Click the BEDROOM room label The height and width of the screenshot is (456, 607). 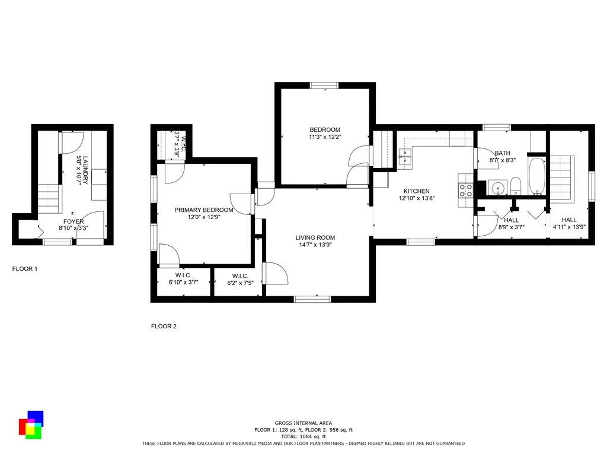325,130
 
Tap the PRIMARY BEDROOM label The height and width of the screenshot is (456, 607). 204,210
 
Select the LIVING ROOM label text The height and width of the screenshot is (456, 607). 315,237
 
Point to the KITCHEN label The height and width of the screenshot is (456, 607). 417,191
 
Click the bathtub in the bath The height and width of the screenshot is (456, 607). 537,176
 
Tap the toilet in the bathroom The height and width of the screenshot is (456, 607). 516,186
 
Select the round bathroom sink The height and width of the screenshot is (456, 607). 497,188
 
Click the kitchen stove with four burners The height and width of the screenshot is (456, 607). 466,191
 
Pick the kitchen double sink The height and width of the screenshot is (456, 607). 405,156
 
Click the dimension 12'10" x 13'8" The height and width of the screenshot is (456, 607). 417,198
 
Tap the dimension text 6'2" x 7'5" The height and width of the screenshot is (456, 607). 240,283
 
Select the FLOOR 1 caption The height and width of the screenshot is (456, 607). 25,269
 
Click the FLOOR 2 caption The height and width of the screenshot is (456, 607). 164,327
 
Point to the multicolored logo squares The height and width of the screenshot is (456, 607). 31,425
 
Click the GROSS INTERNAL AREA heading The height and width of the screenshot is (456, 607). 303,423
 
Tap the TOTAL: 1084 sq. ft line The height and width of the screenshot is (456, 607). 303,436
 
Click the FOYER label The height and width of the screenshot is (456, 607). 74,222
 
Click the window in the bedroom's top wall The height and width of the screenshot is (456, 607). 324,85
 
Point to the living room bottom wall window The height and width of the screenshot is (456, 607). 312,299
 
